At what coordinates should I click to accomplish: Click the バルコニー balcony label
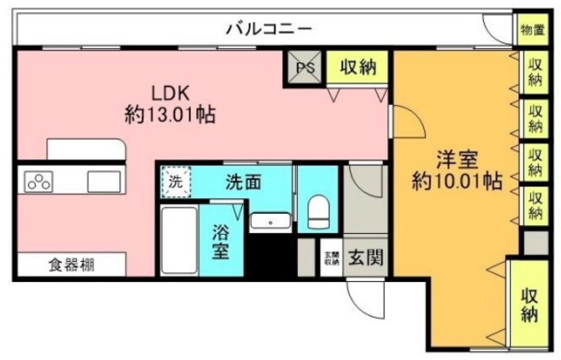(x=268, y=28)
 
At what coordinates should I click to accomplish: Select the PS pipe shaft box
(x=305, y=66)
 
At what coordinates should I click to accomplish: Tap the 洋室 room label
(x=457, y=161)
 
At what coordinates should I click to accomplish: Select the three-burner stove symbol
(x=39, y=181)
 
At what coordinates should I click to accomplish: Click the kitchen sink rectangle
(x=104, y=181)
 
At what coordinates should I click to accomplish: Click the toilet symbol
(x=317, y=208)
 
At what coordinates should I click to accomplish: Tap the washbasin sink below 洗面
(x=270, y=221)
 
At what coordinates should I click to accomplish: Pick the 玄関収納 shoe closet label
(x=331, y=258)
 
